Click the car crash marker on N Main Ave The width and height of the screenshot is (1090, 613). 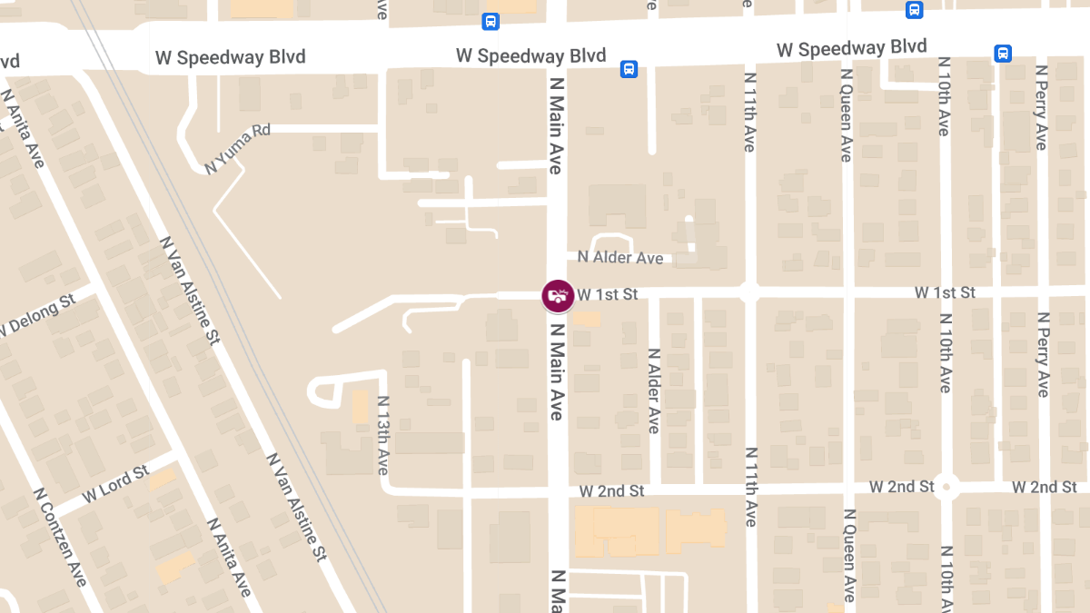tap(558, 295)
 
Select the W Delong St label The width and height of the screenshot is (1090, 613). tap(37, 315)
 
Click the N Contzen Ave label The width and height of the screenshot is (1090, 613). tap(60, 537)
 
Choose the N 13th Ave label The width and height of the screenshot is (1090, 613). tap(382, 435)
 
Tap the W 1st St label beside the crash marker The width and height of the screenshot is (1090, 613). tap(608, 294)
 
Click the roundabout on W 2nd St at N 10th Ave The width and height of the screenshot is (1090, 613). tap(946, 487)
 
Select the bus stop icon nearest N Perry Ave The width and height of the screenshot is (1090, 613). tap(1003, 54)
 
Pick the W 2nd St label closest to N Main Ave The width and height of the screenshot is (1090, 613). tap(611, 490)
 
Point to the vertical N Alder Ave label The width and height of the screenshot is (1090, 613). tap(653, 391)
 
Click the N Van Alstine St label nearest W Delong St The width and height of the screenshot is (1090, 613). tap(190, 291)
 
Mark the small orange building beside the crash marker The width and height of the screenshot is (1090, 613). tap(588, 319)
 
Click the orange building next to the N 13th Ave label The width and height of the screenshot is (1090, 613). tap(360, 407)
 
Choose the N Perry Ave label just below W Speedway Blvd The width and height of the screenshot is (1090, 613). tap(1041, 107)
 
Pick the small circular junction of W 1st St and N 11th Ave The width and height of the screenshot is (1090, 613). tap(749, 292)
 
